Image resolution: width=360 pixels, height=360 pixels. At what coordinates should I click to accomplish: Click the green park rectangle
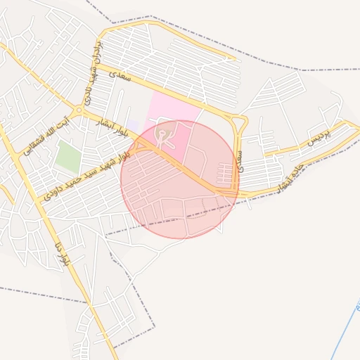[x=68, y=156]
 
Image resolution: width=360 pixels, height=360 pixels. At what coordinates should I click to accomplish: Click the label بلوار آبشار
[x=112, y=126]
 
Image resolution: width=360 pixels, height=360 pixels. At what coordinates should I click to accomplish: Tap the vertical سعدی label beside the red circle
[x=241, y=158]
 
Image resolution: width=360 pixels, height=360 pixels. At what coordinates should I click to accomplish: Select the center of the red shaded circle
[x=180, y=179]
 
